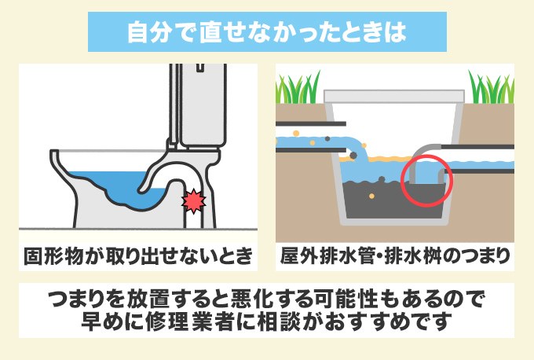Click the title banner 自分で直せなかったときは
(x=266, y=31)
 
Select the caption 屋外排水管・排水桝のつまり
(x=395, y=256)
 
